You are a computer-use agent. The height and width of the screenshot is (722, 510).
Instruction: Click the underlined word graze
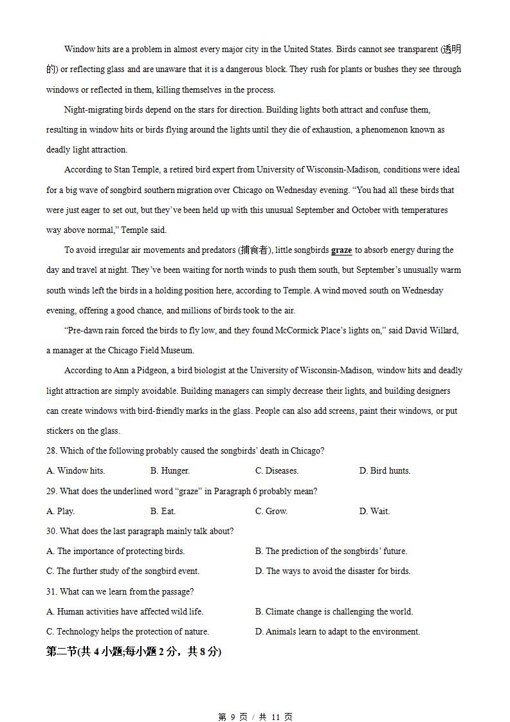point(342,250)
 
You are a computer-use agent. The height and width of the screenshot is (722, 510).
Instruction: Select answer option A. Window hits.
point(75,471)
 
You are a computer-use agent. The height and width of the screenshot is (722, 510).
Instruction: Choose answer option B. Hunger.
point(170,471)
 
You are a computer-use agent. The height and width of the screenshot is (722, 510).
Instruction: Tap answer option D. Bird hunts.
point(384,471)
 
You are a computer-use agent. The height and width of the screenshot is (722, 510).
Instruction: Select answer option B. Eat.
point(163,512)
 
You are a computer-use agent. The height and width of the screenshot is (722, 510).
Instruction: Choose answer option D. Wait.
point(374,512)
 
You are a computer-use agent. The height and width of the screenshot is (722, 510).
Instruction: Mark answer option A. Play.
point(60,512)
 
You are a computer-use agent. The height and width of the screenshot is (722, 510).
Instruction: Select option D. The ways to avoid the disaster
point(332,571)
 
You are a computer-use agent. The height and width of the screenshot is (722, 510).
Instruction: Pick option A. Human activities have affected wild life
point(125,612)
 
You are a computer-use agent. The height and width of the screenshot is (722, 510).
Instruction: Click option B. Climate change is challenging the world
point(334,612)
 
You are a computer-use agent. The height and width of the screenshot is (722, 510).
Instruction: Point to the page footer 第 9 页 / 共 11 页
point(255,717)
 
